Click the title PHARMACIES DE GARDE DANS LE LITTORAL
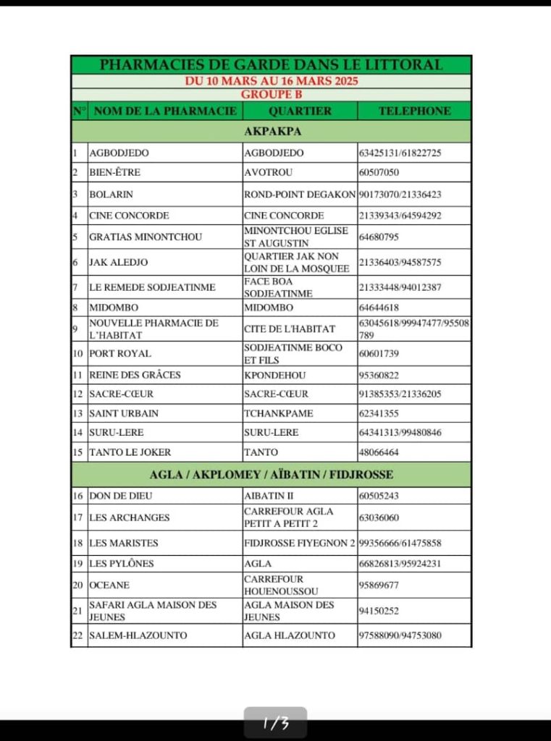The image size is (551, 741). pos(271,64)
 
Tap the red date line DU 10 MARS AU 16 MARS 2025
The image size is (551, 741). pos(271,81)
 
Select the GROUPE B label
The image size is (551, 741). pos(271,94)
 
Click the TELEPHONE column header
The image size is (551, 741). pos(414,111)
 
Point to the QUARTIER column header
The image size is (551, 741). pos(300,111)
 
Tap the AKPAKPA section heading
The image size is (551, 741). pos(272,131)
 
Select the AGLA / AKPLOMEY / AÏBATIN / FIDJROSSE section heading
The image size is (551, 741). pos(272,475)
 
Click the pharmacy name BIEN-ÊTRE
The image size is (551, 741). pos(114,172)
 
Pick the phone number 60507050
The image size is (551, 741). pos(379,172)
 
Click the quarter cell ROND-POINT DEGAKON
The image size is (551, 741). pos(300,194)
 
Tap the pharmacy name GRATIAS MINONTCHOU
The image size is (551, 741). pos(146,237)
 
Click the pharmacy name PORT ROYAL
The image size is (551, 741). pos(120,353)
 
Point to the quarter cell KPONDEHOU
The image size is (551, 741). pos(274,375)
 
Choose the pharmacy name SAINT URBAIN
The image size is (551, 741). pos(124,413)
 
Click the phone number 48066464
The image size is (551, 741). pos(379,452)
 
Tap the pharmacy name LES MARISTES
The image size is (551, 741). pos(123,543)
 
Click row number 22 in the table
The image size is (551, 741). pos(79,635)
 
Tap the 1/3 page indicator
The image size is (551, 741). pos(275,723)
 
